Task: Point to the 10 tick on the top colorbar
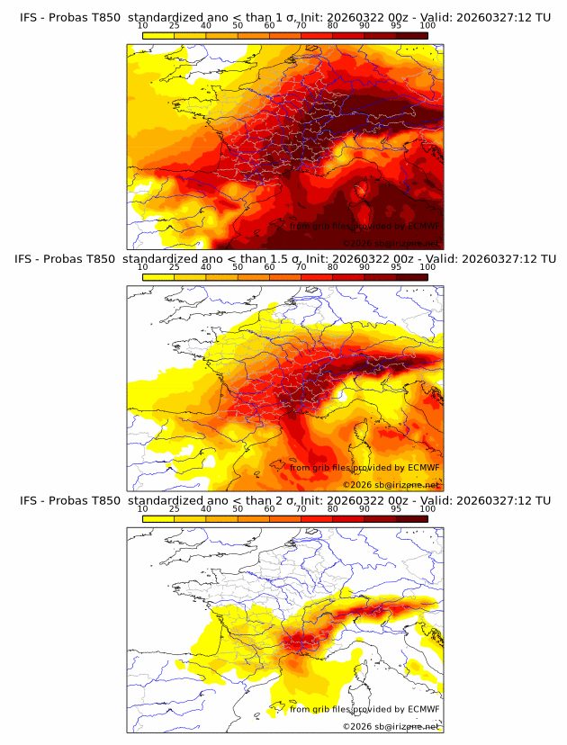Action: (143, 26)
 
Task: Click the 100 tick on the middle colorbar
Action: (427, 267)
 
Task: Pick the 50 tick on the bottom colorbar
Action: (238, 509)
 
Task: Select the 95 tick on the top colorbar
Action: (396, 26)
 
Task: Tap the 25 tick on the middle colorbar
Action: (175, 267)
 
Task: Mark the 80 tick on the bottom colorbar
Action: (333, 509)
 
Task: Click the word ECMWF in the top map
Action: (423, 226)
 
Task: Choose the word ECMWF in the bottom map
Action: (423, 709)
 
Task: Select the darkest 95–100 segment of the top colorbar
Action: (411, 35)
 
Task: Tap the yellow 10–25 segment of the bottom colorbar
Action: (158, 518)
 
